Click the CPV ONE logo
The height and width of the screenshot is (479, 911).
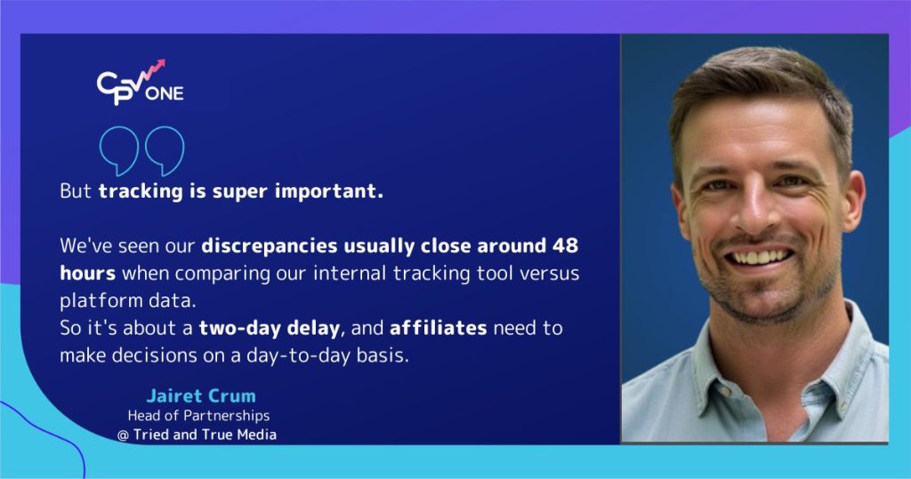[140, 84]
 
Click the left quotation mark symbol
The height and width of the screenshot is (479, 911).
[117, 151]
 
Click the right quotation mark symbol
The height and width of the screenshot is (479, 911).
[165, 151]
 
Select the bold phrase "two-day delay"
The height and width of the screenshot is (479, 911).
[270, 328]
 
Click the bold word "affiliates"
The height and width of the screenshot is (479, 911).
[438, 328]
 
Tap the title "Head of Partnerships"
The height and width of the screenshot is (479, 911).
[199, 416]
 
